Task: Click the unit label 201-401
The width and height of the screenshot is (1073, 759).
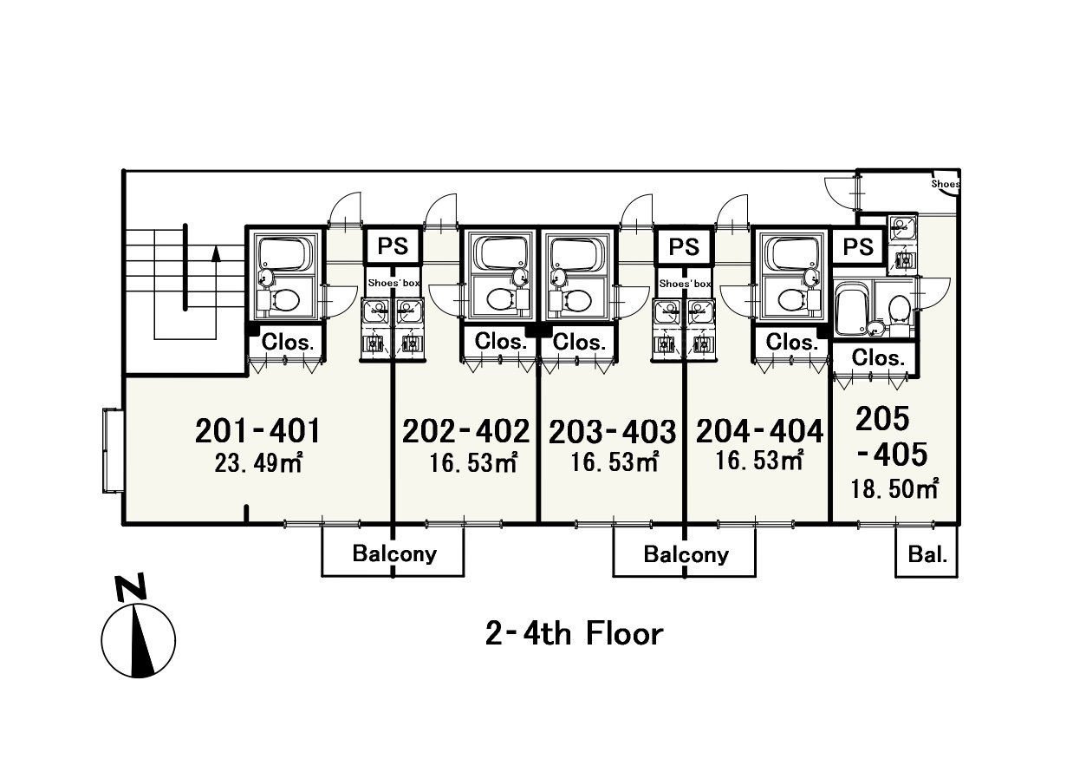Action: pyautogui.click(x=257, y=429)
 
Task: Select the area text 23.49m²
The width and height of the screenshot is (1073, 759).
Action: pyautogui.click(x=257, y=463)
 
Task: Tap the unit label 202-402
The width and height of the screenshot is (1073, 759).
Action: pyautogui.click(x=465, y=429)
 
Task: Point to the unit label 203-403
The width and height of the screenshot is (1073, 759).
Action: pyautogui.click(x=612, y=430)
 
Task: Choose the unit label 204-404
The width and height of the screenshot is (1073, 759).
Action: pyautogui.click(x=759, y=429)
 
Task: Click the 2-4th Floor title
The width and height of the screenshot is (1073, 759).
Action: pyautogui.click(x=574, y=633)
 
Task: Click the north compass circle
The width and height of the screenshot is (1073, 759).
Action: pyautogui.click(x=139, y=642)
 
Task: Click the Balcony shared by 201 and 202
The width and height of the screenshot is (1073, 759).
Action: pyautogui.click(x=394, y=553)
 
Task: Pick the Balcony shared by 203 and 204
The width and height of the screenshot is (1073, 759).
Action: pyautogui.click(x=686, y=553)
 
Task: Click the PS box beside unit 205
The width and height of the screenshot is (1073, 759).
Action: pyautogui.click(x=858, y=246)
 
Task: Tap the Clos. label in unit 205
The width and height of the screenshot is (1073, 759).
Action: pyautogui.click(x=877, y=357)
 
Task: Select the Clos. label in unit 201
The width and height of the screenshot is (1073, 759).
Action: pyautogui.click(x=287, y=342)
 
